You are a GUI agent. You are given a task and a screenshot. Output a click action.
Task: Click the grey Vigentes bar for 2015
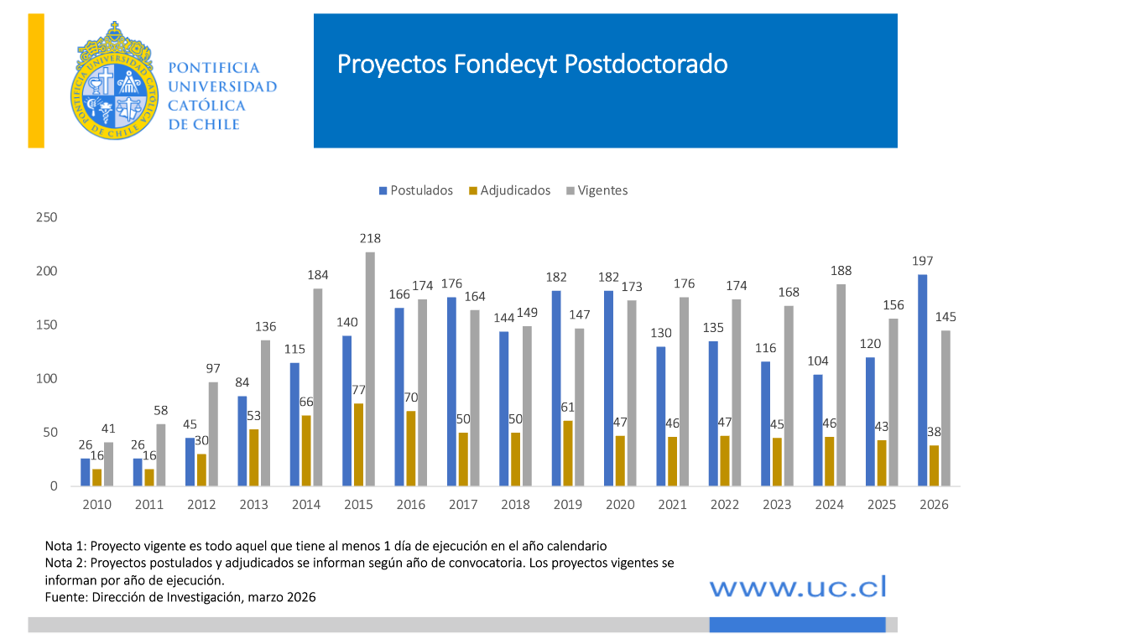point(370,369)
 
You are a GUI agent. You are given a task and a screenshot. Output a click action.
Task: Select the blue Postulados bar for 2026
point(923,380)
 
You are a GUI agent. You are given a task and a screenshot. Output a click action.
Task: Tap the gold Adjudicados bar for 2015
point(359,444)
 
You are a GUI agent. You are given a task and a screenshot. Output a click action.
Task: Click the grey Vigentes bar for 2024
point(841,385)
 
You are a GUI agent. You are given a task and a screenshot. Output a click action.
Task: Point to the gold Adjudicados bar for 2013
point(254,457)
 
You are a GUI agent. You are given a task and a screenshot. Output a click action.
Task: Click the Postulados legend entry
point(416,190)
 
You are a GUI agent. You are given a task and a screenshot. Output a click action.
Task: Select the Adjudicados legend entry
point(509,190)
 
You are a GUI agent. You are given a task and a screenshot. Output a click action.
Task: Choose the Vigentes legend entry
point(596,190)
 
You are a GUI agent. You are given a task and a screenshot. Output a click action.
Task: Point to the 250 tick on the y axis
point(47,217)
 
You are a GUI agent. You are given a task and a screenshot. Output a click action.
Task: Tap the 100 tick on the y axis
point(47,379)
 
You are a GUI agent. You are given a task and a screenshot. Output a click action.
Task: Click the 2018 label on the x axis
point(515,505)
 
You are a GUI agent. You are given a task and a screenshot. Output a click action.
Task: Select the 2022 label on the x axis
point(724,505)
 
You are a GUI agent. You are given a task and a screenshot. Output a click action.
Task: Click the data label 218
point(370,239)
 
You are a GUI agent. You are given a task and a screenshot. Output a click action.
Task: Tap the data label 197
point(923,261)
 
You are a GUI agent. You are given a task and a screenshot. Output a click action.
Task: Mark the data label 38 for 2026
point(935,432)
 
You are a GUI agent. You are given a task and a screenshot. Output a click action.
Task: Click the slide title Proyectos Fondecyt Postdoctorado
point(532,65)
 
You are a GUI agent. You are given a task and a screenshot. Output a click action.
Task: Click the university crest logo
point(113,81)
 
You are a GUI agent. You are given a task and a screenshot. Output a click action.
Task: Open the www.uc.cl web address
point(797,587)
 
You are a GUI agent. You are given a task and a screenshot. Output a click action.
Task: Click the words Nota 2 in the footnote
point(64,563)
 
